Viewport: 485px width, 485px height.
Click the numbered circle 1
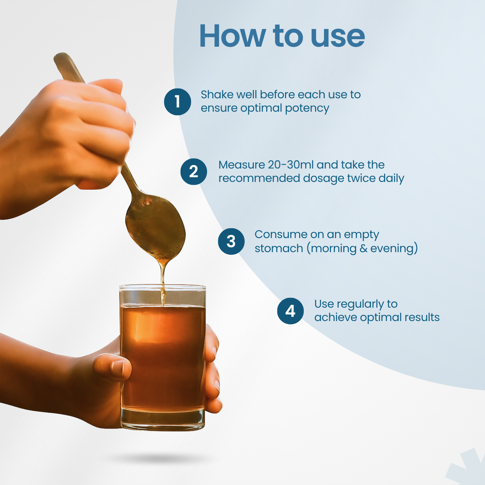[x=177, y=102]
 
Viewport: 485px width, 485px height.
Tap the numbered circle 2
[x=194, y=171]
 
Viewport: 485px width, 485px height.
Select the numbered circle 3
[x=231, y=241]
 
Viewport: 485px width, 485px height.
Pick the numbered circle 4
[x=290, y=311]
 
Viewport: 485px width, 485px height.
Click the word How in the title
[x=232, y=36]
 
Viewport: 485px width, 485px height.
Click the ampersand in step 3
[x=364, y=249]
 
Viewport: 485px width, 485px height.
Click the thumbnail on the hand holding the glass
[x=118, y=367]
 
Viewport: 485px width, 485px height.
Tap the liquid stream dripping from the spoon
[x=163, y=281]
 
